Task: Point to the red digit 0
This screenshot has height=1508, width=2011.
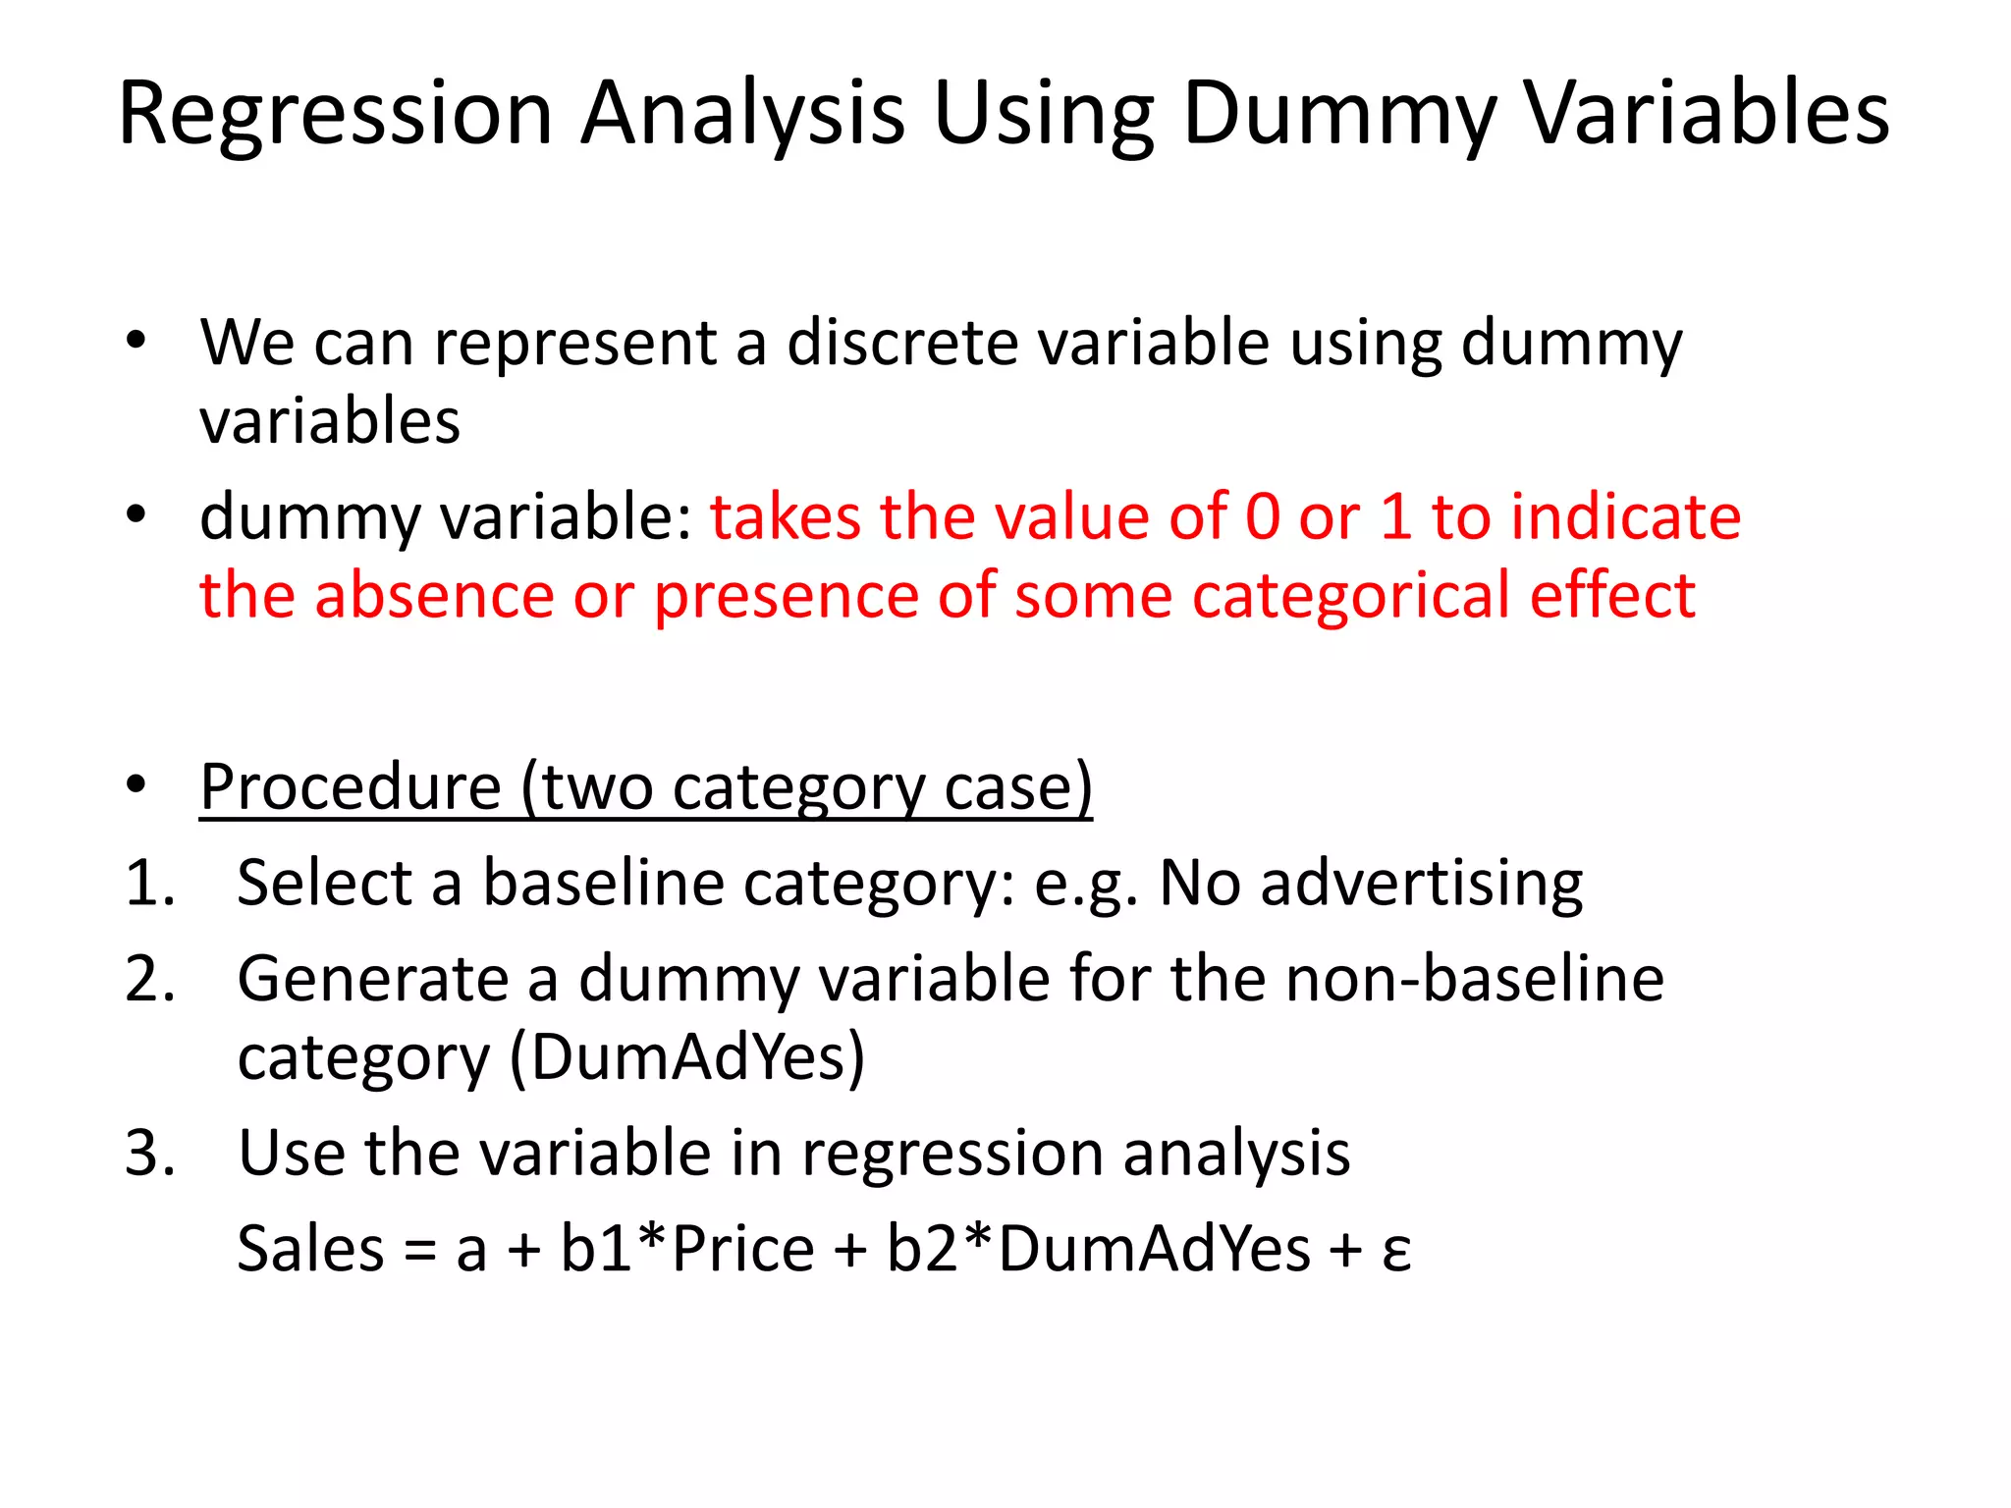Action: click(1263, 517)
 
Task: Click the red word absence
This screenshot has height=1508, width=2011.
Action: click(434, 596)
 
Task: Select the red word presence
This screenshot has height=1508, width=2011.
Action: click(787, 596)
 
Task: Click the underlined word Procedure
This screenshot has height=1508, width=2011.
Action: click(351, 787)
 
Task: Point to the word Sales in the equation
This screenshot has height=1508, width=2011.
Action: click(311, 1249)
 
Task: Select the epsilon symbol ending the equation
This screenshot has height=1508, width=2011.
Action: click(1396, 1251)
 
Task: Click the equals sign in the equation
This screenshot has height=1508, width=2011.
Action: click(420, 1251)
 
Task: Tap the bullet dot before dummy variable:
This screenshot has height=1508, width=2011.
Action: click(136, 513)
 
